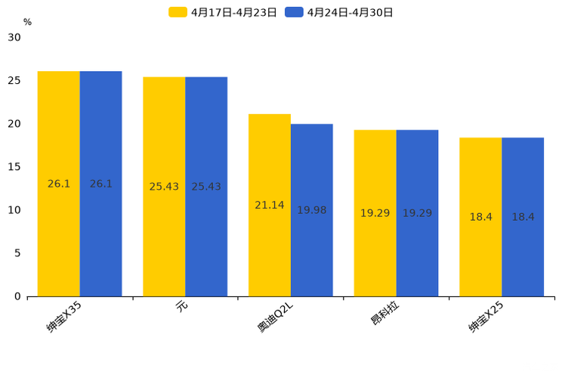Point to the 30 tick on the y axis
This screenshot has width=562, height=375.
(x=14, y=38)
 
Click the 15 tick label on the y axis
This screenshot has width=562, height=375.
(x=14, y=167)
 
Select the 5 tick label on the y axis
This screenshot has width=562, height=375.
(x=17, y=253)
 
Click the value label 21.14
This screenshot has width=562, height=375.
(x=270, y=206)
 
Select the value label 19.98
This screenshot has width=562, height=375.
(x=311, y=210)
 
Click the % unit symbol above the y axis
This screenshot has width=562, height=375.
(x=27, y=23)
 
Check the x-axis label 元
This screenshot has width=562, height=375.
(x=181, y=306)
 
